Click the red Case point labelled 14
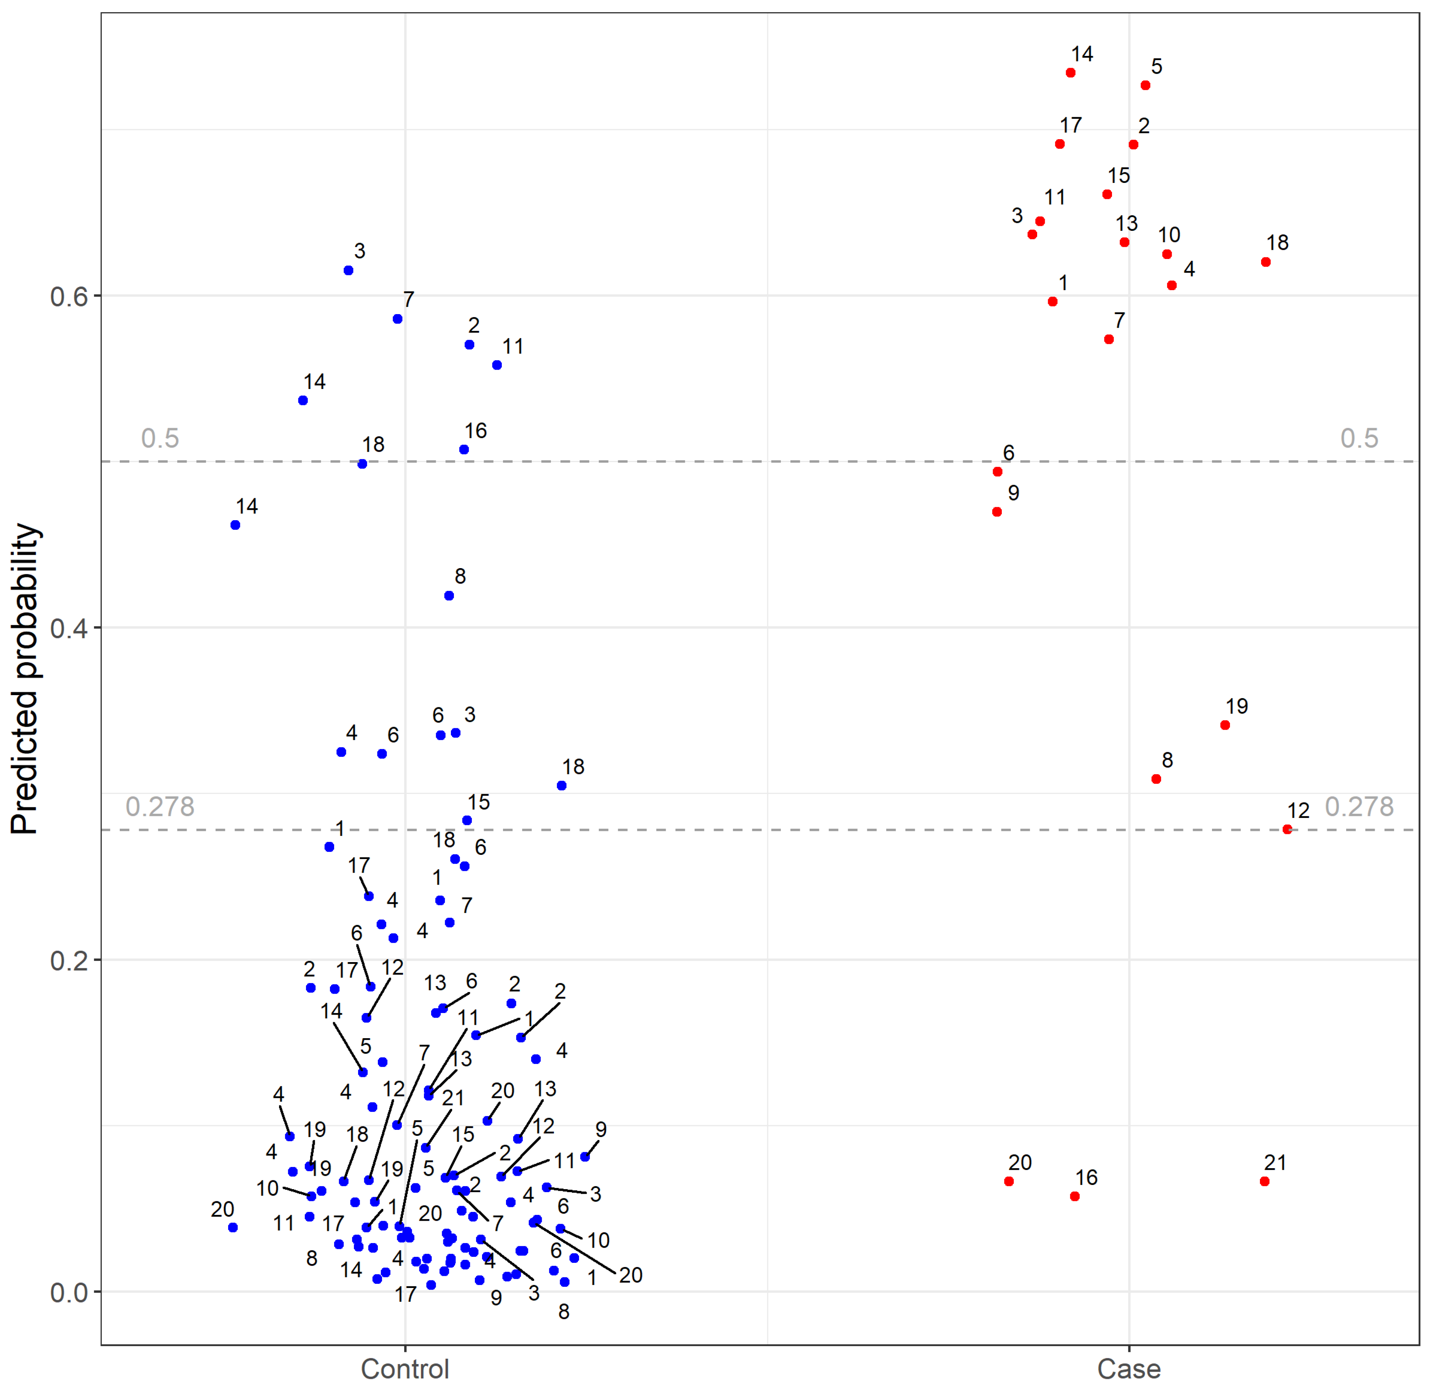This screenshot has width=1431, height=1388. (x=1070, y=73)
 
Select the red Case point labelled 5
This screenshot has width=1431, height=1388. (x=1145, y=86)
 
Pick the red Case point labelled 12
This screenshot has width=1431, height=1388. (x=1287, y=829)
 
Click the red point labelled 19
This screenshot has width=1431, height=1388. (x=1225, y=725)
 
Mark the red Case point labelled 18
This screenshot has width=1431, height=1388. (x=1266, y=262)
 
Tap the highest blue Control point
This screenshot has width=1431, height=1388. (x=348, y=270)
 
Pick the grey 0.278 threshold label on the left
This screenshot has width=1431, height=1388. (x=160, y=807)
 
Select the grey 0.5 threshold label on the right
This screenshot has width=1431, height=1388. (x=1360, y=438)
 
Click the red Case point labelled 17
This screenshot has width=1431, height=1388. (x=1060, y=144)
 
